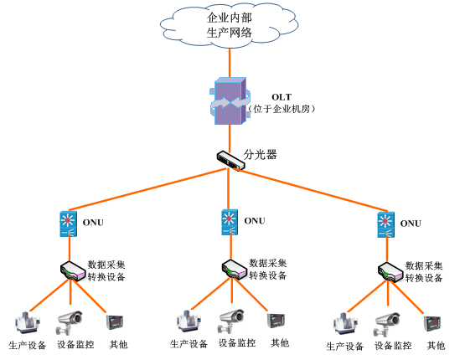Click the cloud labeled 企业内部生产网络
pos(229,25)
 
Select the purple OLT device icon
pos(230,101)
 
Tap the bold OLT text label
pos(282,97)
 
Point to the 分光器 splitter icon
pos(230,160)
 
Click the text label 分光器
pos(260,154)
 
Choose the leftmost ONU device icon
pos(69,224)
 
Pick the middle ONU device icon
pos(230,222)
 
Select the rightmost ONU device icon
pos(385,224)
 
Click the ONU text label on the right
pos(411,224)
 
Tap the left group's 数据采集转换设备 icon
pos(72,270)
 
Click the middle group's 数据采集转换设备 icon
pos(235,270)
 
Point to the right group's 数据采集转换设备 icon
pos(390,272)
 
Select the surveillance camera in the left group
pos(70,323)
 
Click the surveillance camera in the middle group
pos(231,321)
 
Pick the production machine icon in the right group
pos(344,325)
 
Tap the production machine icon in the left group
pos(28,323)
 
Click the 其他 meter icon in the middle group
pos(276,321)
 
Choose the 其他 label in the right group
pos(436,346)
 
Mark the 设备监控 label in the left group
pos(75,345)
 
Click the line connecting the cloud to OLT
pos(230,63)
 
